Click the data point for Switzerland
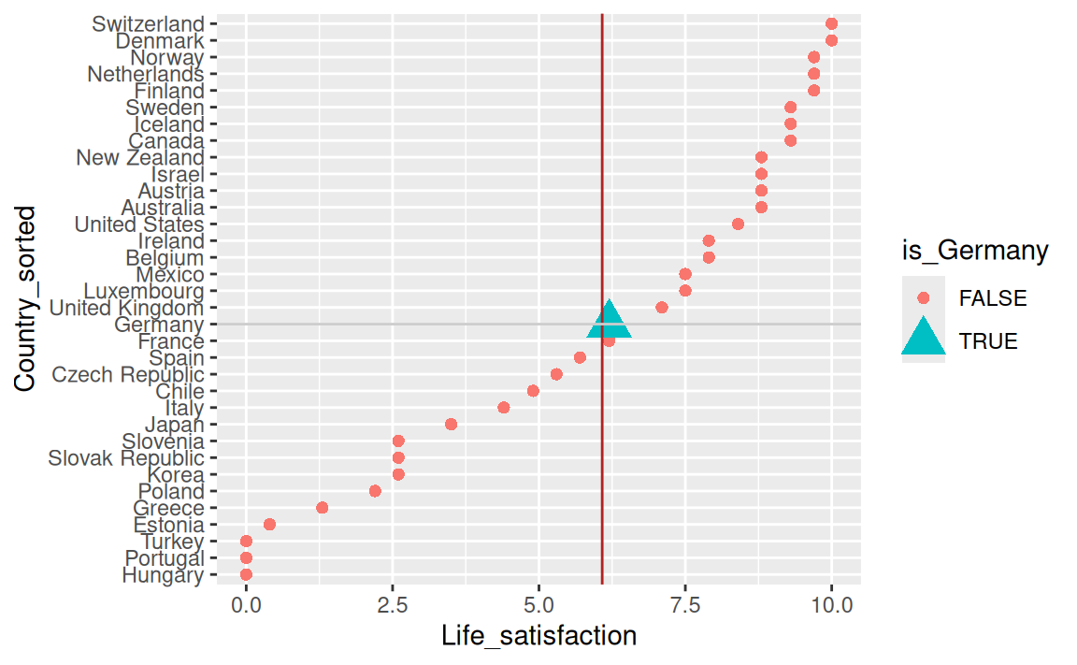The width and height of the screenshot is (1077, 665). tap(831, 23)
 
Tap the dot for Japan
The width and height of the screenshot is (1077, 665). tap(451, 424)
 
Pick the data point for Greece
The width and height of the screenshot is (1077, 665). tap(322, 507)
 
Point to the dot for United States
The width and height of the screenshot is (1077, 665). tap(738, 224)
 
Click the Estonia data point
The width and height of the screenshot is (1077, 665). tap(269, 524)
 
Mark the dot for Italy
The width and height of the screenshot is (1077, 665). tap(503, 407)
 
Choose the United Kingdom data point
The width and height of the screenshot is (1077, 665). tap(662, 307)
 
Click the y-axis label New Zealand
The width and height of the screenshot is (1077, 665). tap(139, 158)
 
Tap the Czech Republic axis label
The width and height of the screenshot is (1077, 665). tap(127, 375)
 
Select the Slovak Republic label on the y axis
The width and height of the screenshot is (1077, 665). tap(125, 458)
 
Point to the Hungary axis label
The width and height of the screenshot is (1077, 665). tap(163, 575)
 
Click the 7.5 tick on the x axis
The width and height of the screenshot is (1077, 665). tap(685, 603)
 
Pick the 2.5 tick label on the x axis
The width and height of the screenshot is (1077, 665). tap(393, 603)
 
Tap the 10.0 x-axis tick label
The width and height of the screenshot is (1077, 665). tap(831, 603)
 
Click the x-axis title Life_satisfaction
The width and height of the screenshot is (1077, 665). tap(538, 636)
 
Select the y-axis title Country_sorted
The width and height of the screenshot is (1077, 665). tap(26, 298)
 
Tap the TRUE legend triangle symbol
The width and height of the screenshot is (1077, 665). tap(923, 339)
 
